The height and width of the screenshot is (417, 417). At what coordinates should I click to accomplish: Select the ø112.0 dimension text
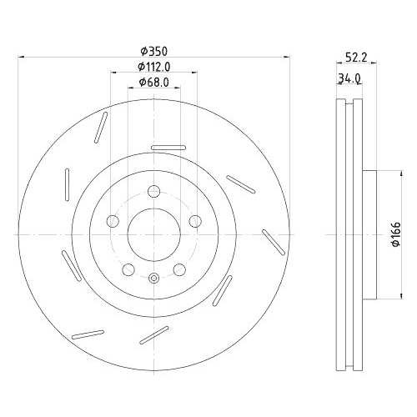pos(154,66)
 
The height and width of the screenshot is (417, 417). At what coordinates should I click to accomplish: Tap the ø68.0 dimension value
pos(154,81)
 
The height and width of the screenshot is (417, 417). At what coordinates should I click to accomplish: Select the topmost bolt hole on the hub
pos(153,193)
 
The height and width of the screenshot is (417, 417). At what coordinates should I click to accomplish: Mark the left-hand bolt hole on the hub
pos(112,222)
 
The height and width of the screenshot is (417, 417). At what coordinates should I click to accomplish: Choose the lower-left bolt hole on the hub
pos(128,269)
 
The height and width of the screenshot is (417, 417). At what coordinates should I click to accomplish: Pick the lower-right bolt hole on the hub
pos(178,269)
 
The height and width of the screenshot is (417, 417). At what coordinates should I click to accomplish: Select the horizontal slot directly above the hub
pos(169,148)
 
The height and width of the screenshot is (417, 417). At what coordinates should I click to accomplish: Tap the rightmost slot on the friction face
pos(272,243)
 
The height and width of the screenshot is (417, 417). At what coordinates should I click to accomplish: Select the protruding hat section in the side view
pos(373,235)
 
